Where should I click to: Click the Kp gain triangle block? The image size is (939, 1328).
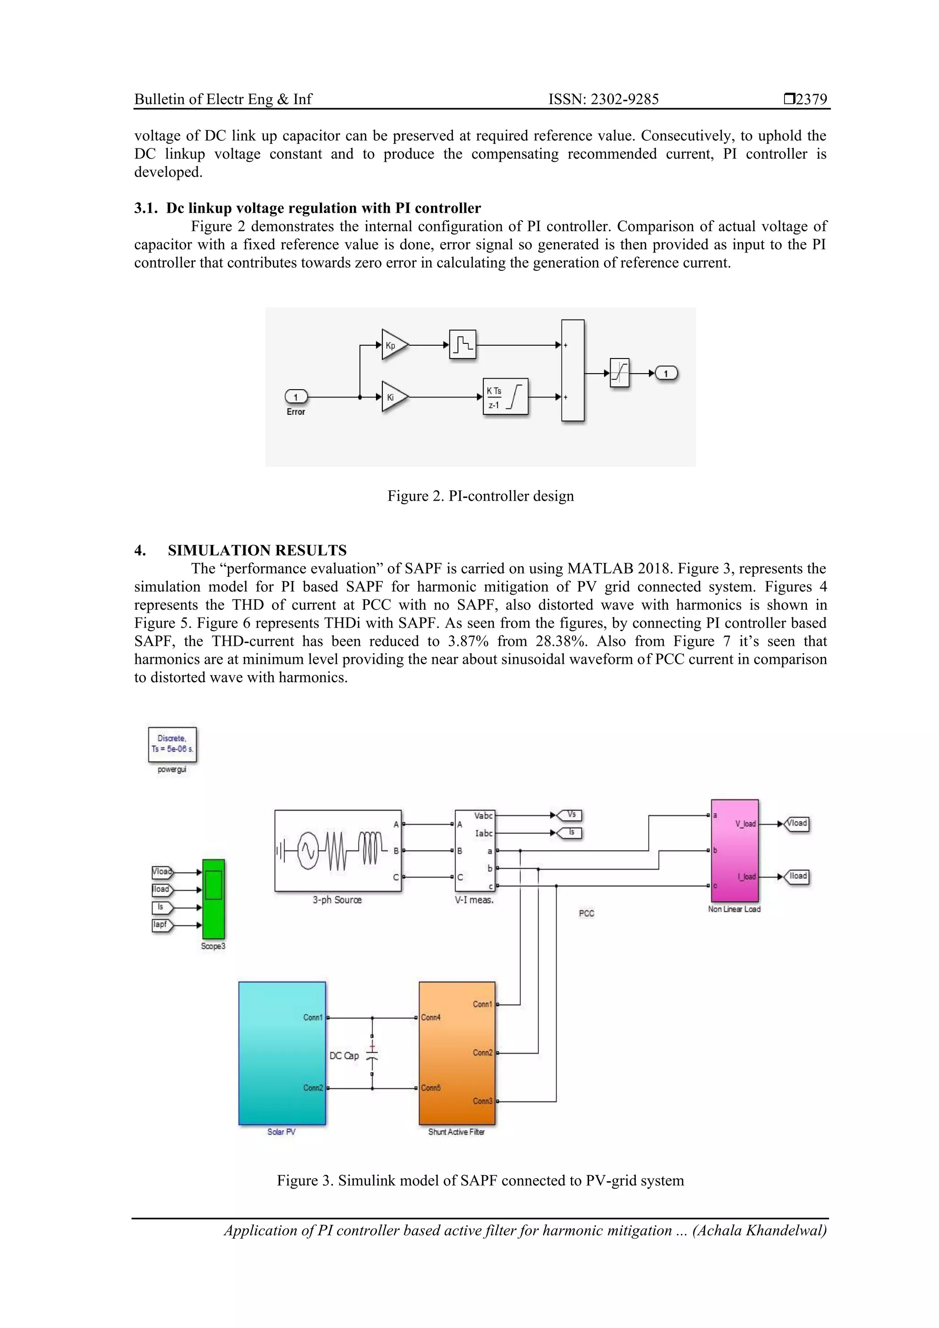pyautogui.click(x=393, y=345)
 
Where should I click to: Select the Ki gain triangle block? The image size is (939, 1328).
pyautogui.click(x=393, y=397)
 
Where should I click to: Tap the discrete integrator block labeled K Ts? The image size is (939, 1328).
pyautogui.click(x=505, y=397)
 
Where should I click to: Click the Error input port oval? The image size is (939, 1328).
pyautogui.click(x=296, y=397)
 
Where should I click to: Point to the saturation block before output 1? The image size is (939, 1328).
pyautogui.click(x=619, y=373)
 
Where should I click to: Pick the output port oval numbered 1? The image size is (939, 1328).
pyautogui.click(x=666, y=373)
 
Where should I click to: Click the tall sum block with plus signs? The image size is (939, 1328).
pyautogui.click(x=572, y=370)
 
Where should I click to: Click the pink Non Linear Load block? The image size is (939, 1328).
pyautogui.click(x=734, y=850)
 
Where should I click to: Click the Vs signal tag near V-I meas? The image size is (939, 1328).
pyautogui.click(x=570, y=815)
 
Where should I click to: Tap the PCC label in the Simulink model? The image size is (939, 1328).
pyautogui.click(x=586, y=913)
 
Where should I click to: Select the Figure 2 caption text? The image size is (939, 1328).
pyautogui.click(x=480, y=496)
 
